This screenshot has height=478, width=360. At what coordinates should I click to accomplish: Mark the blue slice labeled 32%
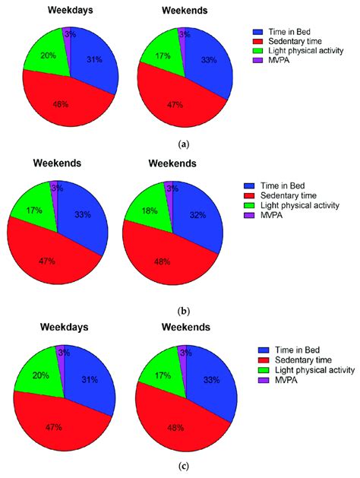(199, 220)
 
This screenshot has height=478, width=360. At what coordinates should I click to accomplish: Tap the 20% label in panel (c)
(42, 375)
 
